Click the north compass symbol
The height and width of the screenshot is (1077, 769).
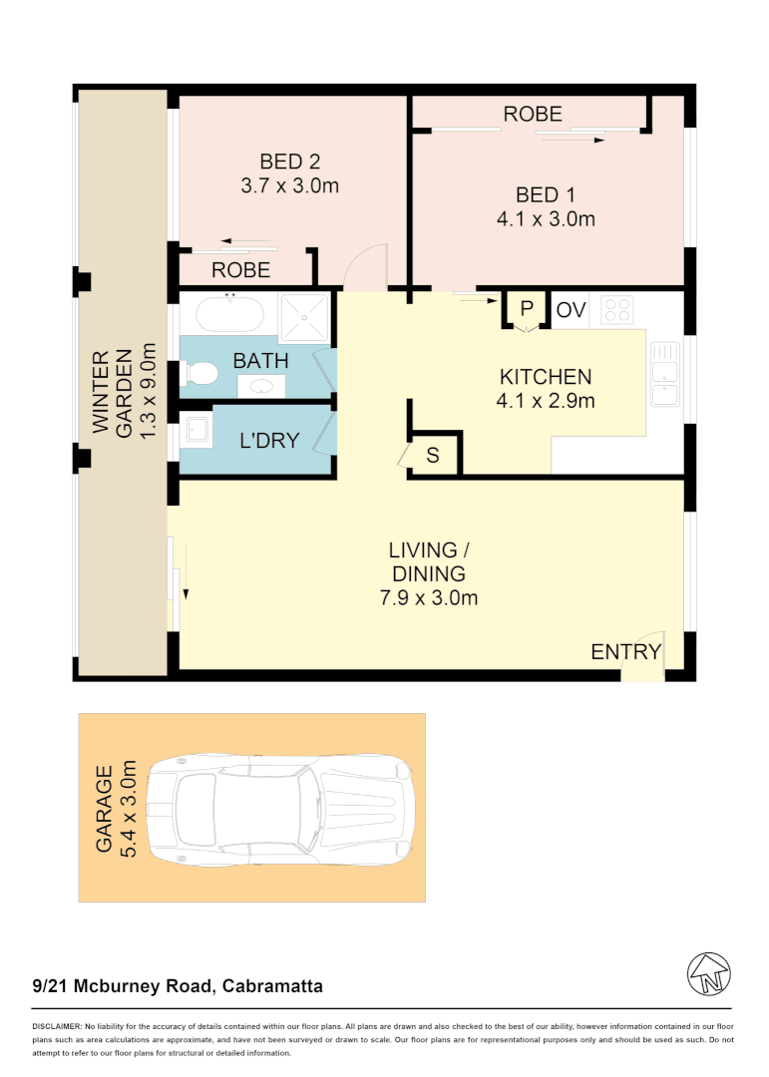click(709, 973)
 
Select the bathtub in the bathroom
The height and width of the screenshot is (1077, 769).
click(229, 314)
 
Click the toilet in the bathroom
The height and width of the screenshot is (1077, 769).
click(200, 374)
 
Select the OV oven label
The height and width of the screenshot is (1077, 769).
click(571, 310)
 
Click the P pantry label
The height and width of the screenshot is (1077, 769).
click(527, 309)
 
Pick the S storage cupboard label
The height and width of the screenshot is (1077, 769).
click(433, 456)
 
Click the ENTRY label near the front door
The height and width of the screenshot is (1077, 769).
click(625, 652)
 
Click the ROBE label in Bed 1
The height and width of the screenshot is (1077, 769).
click(532, 114)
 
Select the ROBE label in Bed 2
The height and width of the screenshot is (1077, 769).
click(240, 269)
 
